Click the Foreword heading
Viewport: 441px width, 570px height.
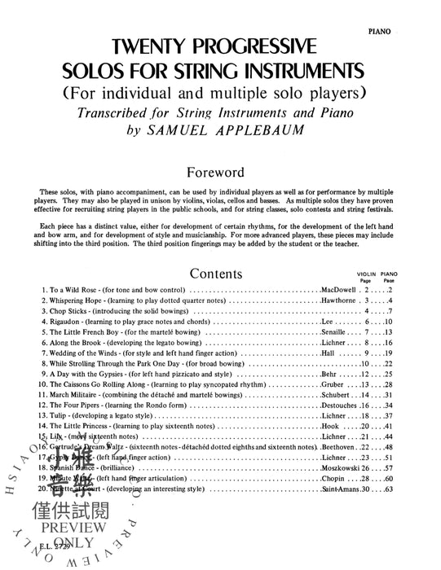(x=221, y=128)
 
